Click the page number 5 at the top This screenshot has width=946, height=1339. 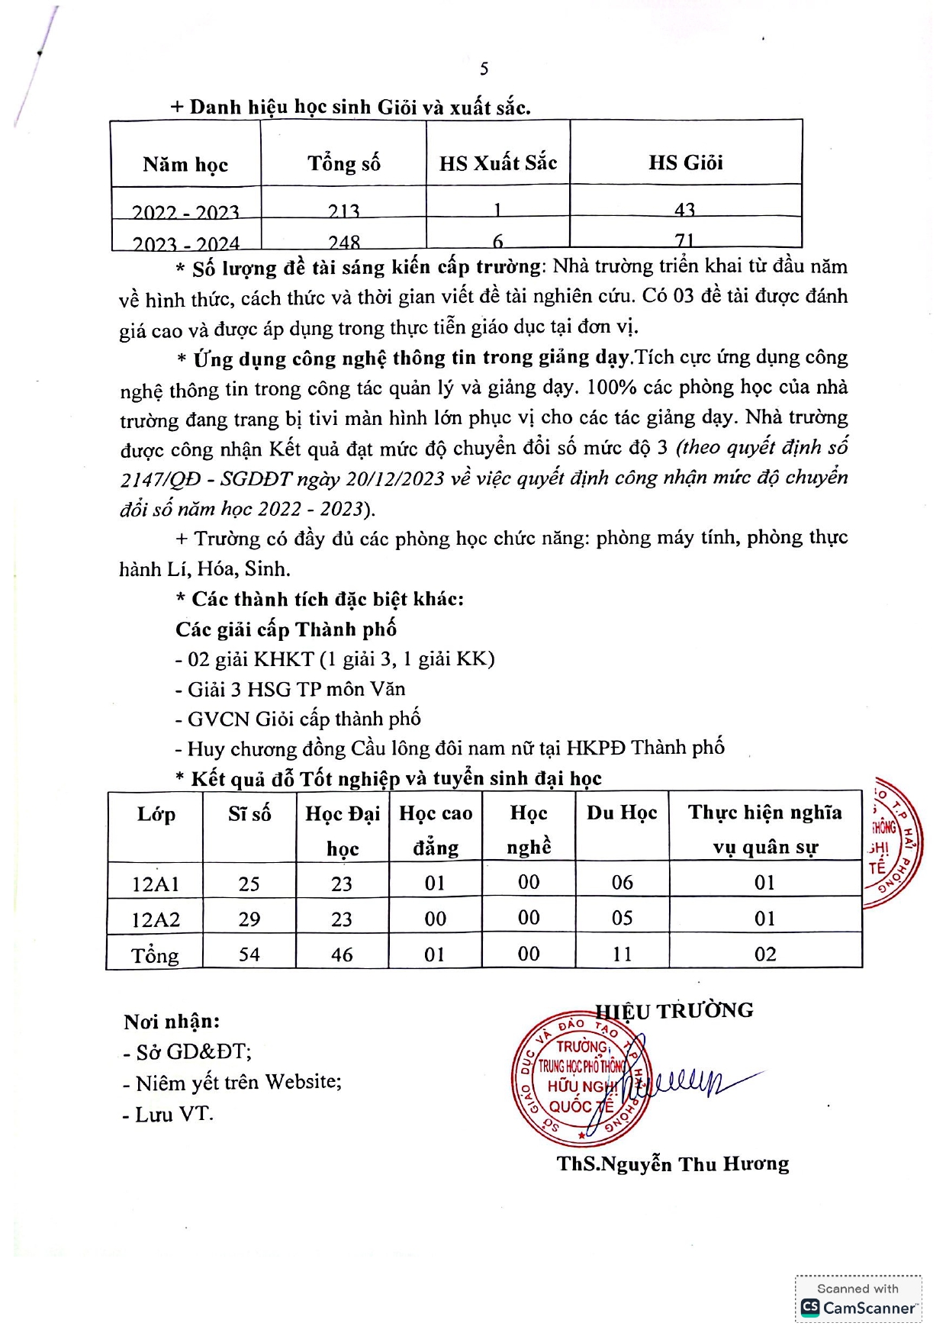click(484, 69)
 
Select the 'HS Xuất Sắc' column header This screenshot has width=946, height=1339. click(498, 163)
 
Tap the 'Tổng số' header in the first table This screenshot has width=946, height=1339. click(343, 163)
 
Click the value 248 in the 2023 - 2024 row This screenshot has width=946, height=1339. click(344, 242)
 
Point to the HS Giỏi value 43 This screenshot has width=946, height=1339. click(685, 209)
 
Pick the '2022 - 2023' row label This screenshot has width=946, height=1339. click(185, 211)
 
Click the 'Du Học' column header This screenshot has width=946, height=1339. click(622, 813)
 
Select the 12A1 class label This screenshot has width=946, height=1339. click(156, 884)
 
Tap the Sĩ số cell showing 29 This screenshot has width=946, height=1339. click(249, 919)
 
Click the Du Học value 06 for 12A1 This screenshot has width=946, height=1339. click(623, 883)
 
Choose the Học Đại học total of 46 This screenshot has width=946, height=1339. click(342, 954)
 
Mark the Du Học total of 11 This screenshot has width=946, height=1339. click(623, 954)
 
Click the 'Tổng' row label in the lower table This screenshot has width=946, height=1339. click(155, 955)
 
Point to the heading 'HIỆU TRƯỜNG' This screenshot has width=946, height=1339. click(674, 1011)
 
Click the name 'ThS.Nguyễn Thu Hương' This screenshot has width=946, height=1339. click(673, 1164)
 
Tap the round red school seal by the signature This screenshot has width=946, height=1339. click(580, 1080)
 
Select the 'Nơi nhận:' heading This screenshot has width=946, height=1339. click(172, 1021)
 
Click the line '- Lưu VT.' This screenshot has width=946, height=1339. click(168, 1114)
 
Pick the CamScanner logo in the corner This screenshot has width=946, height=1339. click(858, 1307)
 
